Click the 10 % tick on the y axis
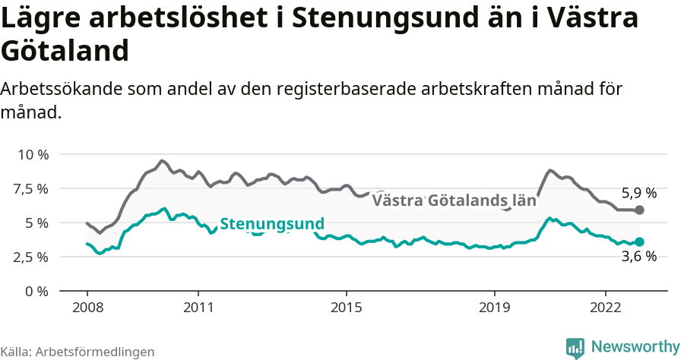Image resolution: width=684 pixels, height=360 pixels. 33,154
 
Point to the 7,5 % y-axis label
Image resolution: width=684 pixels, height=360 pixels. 33,188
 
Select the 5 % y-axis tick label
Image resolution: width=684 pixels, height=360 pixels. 37,223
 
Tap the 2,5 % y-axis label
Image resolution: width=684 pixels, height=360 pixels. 33,257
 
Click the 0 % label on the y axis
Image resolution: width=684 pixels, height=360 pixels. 37,291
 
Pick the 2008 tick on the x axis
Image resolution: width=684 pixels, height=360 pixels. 87,308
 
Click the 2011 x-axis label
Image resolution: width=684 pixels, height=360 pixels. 198,308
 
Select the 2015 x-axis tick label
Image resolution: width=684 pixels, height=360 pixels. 347,308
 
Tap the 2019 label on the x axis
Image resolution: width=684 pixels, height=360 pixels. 495,308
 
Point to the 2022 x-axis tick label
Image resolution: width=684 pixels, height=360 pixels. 606,308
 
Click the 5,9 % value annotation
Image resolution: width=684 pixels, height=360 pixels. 638,193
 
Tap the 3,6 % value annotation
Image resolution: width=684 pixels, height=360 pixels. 638,257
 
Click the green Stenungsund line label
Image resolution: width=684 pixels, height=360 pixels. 272,224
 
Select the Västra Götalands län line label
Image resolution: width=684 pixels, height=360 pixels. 453,201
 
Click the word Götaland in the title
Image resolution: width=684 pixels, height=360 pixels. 64,51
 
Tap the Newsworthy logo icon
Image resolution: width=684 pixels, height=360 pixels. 575,347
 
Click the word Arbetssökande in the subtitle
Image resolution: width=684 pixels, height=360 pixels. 58,89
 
